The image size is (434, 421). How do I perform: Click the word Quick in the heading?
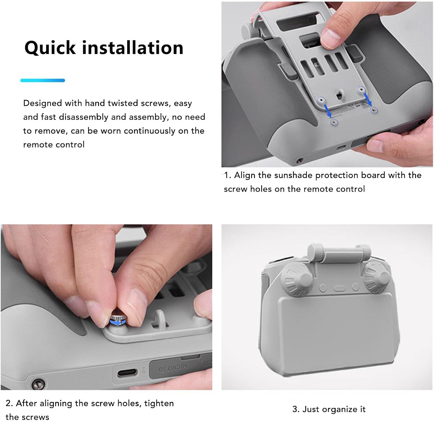[50, 48]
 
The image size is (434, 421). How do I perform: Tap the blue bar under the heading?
[43, 80]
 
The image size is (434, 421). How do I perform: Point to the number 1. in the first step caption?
[227, 175]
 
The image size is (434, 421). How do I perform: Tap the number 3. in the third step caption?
[296, 409]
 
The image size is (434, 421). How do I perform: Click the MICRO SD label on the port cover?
[172, 368]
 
